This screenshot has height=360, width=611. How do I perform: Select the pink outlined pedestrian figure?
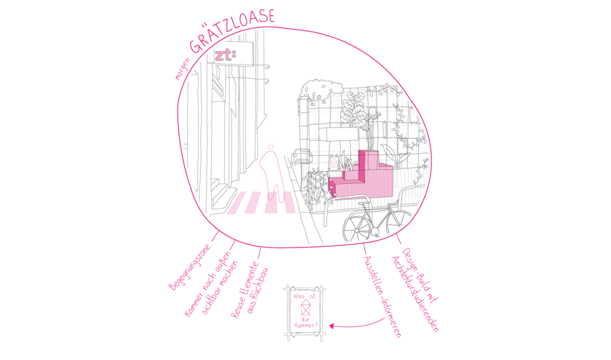[272, 172]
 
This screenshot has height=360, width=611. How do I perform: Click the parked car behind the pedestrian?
[303, 157]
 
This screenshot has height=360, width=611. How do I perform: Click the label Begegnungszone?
[190, 267]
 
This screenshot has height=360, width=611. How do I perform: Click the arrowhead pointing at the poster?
[331, 326]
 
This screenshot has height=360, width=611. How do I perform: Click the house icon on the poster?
[305, 308]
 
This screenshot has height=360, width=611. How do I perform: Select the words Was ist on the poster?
[304, 296]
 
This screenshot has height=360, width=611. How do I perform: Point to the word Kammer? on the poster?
[305, 325]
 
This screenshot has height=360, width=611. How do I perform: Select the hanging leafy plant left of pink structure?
[315, 185]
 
